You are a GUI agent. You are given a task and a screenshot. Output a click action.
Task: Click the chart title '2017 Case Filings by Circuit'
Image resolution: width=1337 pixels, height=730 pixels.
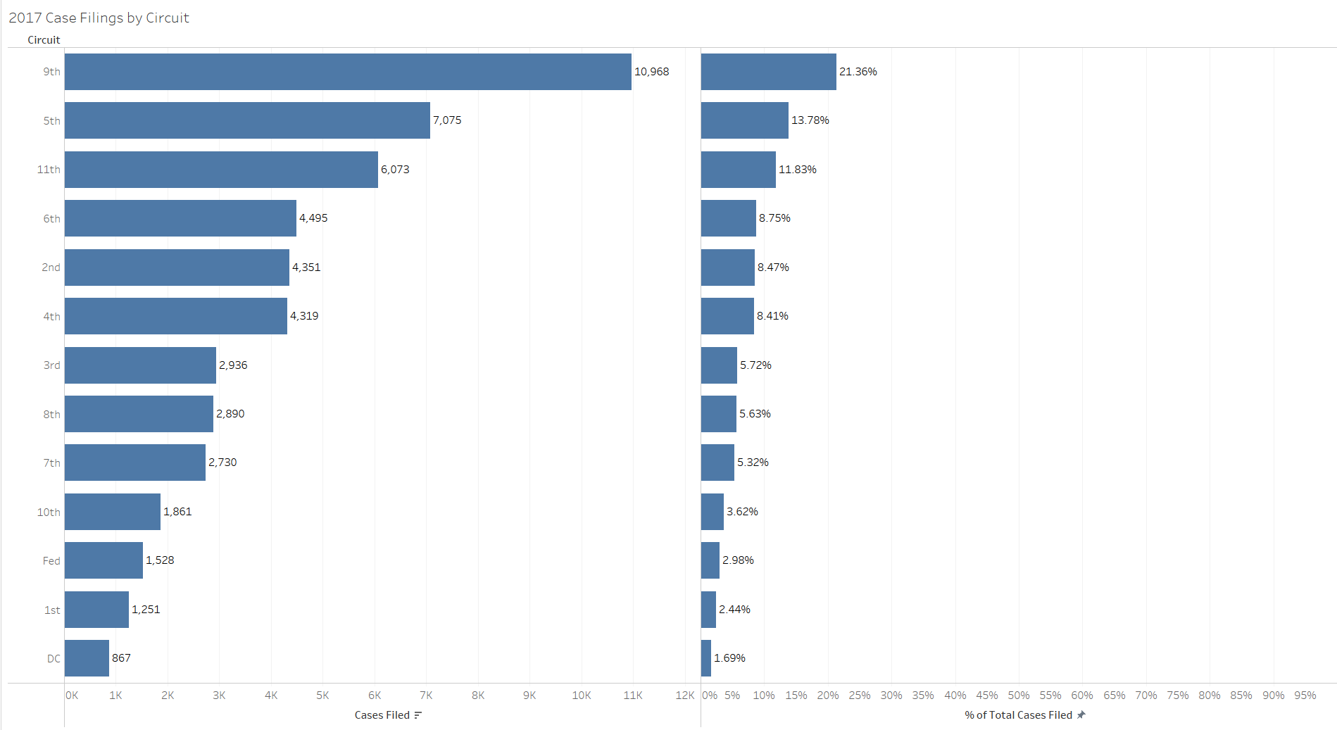click(99, 18)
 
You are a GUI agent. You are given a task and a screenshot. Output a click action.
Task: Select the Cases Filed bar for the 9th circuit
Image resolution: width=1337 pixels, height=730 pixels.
click(348, 72)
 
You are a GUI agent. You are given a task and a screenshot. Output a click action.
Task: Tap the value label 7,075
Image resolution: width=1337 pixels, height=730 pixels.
click(447, 120)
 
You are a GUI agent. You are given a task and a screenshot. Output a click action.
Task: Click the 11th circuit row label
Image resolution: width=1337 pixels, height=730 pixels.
click(49, 170)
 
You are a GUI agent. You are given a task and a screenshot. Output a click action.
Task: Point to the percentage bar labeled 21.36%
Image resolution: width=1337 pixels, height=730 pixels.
click(768, 72)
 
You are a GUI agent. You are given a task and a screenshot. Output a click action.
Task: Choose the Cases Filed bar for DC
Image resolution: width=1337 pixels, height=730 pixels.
click(87, 658)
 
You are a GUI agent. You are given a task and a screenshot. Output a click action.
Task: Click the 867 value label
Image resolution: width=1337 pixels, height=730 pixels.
click(121, 658)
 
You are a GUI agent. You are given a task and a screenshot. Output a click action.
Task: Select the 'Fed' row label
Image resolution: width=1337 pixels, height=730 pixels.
click(51, 561)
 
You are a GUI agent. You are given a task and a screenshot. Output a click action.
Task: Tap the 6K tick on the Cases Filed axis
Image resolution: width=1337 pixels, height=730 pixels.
click(375, 696)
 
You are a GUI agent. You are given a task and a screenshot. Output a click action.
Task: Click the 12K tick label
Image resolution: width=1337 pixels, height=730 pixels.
click(684, 696)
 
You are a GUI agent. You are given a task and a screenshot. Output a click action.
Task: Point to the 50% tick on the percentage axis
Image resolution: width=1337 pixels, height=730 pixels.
click(1018, 696)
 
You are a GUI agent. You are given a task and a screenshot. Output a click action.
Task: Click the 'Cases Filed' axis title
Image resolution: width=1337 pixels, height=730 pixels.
click(382, 715)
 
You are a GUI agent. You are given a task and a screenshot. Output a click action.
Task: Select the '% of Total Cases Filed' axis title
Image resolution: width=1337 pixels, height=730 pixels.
click(1018, 715)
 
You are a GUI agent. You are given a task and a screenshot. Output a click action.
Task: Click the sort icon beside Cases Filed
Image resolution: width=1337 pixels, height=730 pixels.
click(418, 715)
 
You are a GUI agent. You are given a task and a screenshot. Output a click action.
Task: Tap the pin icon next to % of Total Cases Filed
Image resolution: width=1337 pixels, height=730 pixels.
click(1081, 715)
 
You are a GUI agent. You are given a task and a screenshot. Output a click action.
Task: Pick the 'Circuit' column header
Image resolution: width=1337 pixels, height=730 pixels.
click(44, 40)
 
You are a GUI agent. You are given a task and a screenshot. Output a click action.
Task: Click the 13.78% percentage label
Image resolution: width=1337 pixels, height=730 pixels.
click(810, 120)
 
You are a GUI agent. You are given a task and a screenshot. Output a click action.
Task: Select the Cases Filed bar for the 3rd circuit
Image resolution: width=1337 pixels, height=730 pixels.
click(140, 365)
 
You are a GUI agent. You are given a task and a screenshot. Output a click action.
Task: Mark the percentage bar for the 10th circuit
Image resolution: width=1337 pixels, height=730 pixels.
click(712, 512)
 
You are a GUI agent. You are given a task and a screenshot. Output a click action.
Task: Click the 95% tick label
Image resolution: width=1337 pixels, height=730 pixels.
click(1305, 696)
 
